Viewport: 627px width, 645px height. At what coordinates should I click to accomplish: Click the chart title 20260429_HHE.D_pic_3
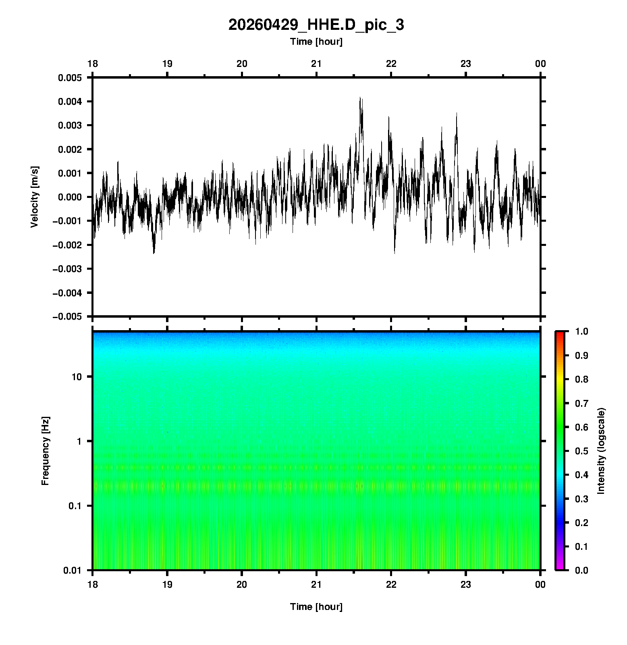316,25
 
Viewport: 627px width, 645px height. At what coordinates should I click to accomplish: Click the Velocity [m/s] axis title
35,197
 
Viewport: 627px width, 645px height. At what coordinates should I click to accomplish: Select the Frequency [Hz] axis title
45,451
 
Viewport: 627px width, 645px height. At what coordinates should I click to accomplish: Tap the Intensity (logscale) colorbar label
602,451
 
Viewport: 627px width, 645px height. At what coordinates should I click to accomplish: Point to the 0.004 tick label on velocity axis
70,101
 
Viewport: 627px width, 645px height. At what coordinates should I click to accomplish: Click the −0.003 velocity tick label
67,268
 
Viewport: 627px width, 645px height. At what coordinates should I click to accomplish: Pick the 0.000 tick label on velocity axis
70,197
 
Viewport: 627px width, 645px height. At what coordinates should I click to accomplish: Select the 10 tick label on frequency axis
77,377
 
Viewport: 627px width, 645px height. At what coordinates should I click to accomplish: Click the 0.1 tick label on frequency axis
75,506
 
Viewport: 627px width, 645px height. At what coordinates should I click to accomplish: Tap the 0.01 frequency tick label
73,570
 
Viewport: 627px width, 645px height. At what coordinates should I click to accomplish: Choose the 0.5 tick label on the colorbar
581,451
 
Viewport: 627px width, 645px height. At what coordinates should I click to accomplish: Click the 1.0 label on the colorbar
581,331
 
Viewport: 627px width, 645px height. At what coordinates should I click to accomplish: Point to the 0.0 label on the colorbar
581,570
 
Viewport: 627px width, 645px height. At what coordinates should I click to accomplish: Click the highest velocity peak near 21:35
361,98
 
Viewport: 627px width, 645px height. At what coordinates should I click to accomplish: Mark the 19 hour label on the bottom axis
167,584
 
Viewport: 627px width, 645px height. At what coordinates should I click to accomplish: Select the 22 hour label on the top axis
391,64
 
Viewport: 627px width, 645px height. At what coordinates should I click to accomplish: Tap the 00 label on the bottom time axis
540,584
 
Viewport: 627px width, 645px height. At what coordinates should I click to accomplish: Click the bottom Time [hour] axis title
316,607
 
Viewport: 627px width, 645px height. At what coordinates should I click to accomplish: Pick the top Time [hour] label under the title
316,42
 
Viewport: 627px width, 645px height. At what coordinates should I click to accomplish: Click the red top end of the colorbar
560,333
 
